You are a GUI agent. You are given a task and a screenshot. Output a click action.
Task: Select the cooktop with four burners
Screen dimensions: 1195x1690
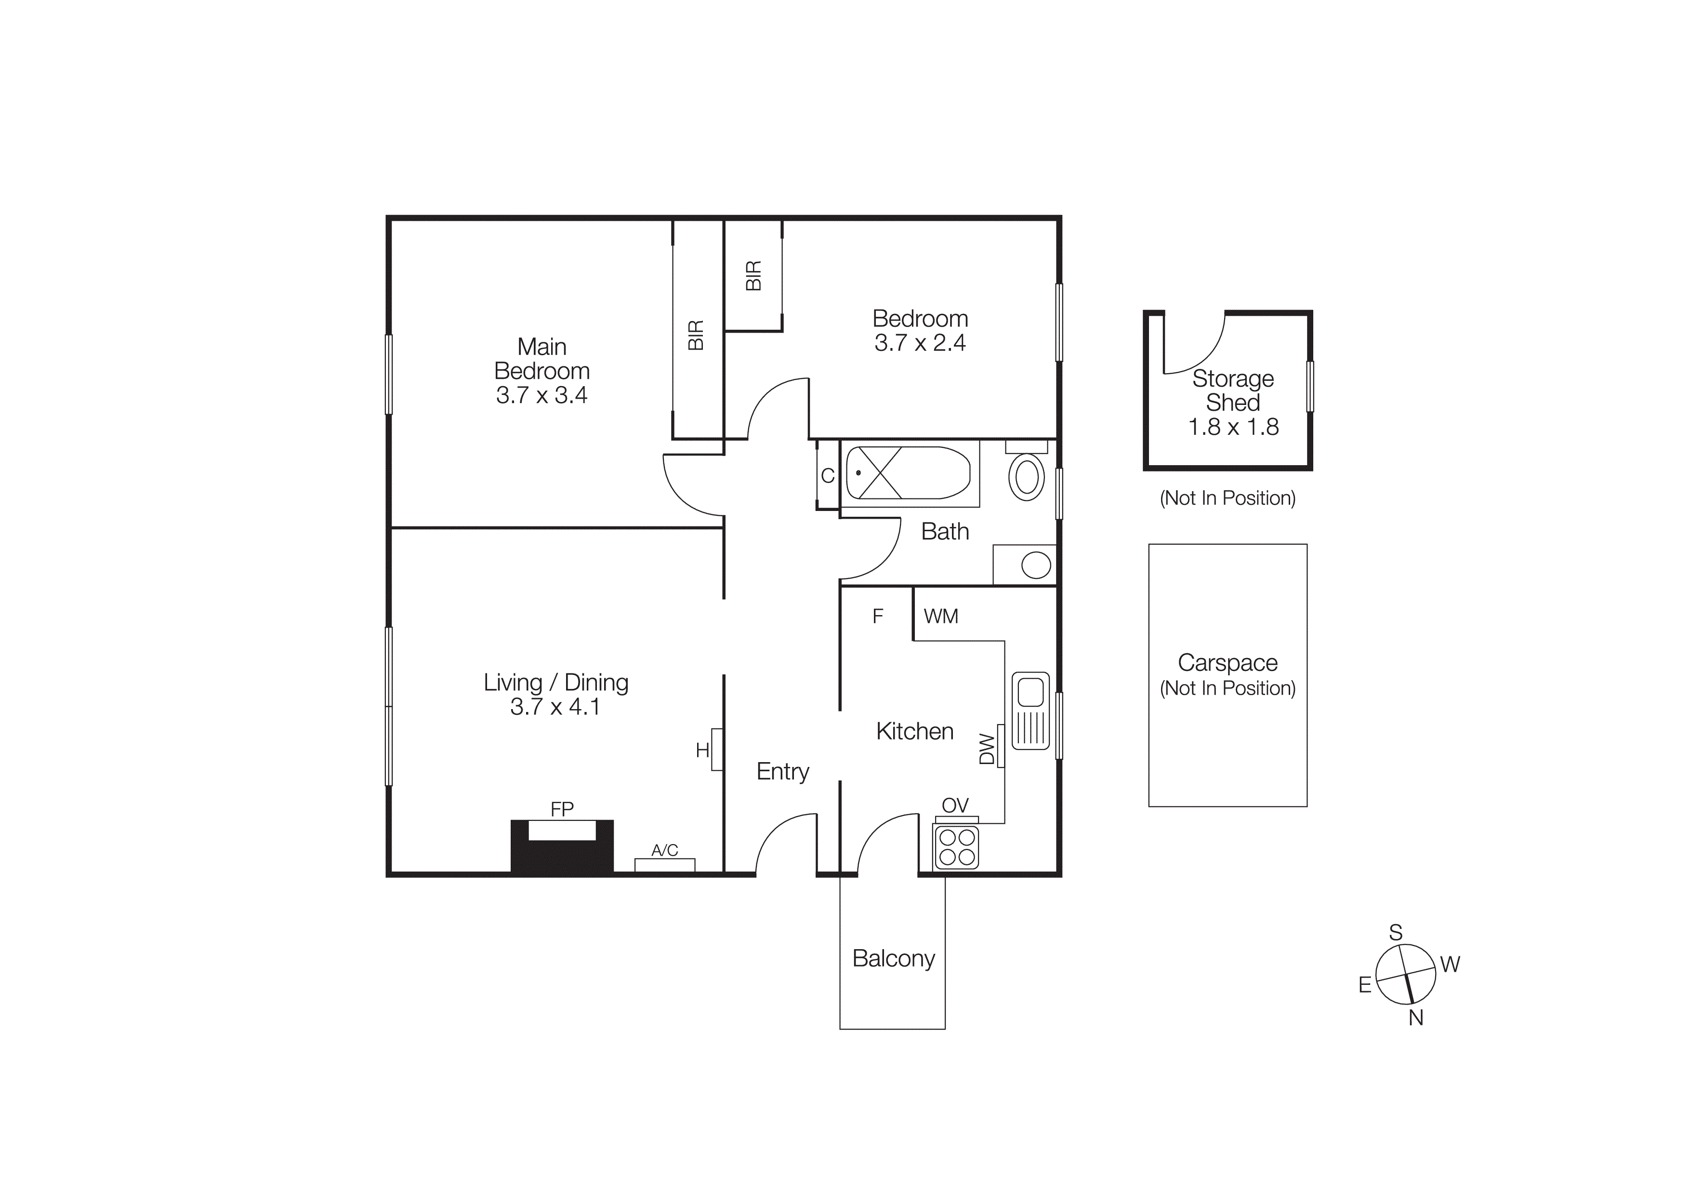(x=956, y=847)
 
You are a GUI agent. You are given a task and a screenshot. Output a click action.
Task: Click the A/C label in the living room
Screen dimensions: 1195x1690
(x=665, y=850)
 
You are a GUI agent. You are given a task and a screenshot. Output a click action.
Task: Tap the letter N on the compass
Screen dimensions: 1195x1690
(x=1415, y=1018)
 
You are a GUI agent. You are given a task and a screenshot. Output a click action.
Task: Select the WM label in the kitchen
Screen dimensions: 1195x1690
(x=941, y=616)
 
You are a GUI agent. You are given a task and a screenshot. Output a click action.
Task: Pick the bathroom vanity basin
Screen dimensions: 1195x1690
(x=1036, y=565)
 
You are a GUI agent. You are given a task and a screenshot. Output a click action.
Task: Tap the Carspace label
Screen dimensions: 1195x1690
(x=1227, y=663)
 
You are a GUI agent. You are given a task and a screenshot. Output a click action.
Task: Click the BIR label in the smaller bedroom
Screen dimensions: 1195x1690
(x=753, y=275)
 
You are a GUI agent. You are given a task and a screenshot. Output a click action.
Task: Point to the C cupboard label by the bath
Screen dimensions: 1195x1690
(x=827, y=476)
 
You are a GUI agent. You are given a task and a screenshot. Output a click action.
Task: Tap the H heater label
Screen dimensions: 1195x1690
(x=702, y=750)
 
